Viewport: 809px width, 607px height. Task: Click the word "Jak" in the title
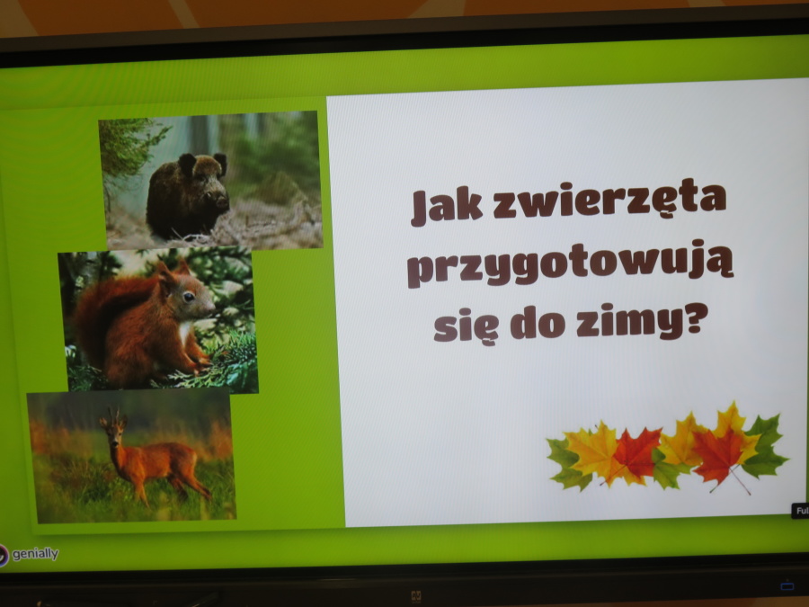coord(447,206)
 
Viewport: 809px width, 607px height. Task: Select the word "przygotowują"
coord(570,263)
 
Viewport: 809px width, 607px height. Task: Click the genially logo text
coord(35,554)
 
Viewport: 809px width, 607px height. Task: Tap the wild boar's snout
coord(221,201)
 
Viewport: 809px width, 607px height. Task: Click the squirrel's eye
coord(189,297)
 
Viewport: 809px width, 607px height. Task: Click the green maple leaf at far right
coord(765,446)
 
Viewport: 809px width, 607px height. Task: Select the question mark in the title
coord(696,318)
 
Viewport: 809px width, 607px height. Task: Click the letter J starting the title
coord(419,209)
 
